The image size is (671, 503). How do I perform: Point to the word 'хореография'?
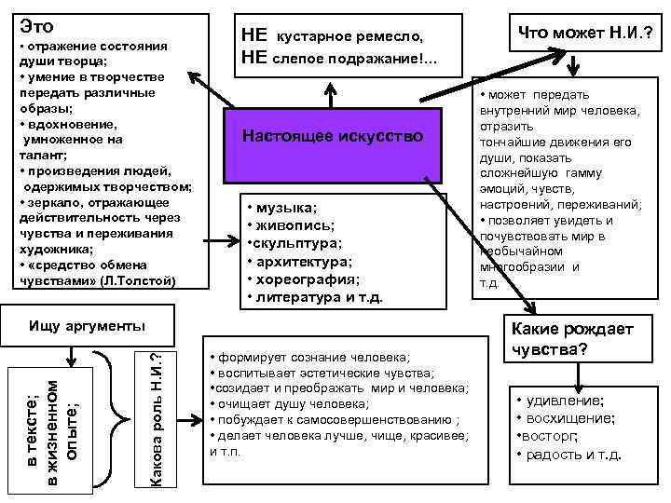click(x=308, y=279)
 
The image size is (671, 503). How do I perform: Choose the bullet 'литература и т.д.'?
click(x=318, y=298)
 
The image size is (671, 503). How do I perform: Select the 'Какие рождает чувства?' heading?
click(x=568, y=340)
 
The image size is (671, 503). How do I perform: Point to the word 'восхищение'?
click(x=571, y=418)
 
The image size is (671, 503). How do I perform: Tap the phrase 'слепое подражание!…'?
click(x=355, y=60)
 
